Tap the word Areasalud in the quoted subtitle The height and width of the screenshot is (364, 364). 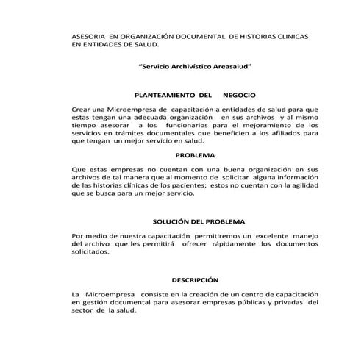pyautogui.click(x=226, y=66)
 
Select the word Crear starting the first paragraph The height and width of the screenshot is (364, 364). pyautogui.click(x=82, y=109)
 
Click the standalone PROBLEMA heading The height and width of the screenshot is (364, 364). pyautogui.click(x=196, y=155)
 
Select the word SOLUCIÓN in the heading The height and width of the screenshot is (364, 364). pyautogui.click(x=174, y=221)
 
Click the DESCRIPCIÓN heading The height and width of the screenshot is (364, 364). pyautogui.click(x=196, y=280)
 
